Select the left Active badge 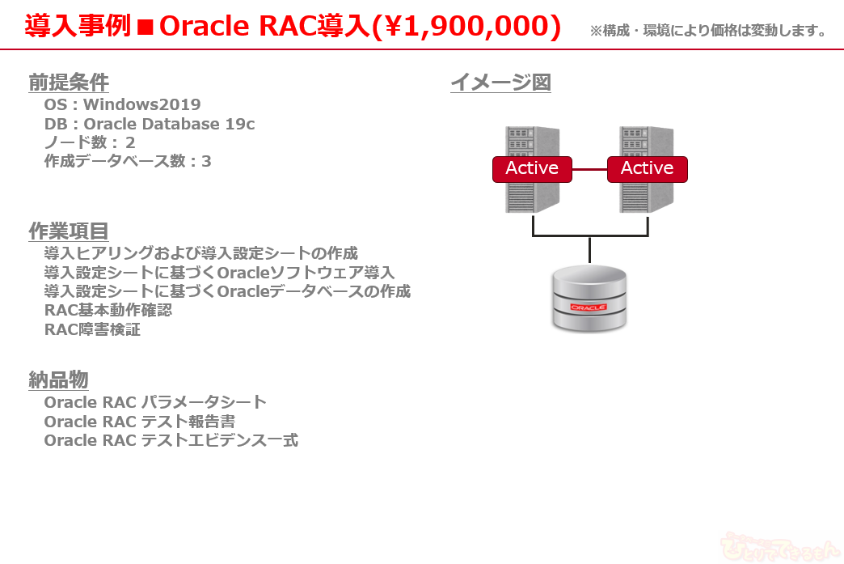coord(532,168)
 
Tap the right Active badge coord(647,168)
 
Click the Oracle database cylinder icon coord(589,299)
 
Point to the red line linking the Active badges coord(589,169)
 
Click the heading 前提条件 coord(69,83)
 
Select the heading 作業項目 coord(69,231)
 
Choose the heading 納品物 coord(58,380)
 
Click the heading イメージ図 coord(500,83)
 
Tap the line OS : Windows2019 coord(122,104)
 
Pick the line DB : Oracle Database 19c coord(150,124)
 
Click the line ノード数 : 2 coord(90,142)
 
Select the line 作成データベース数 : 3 coord(128,161)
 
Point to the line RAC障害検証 coord(92,329)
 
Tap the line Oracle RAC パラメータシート coord(155,401)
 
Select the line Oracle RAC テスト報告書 coord(140,422)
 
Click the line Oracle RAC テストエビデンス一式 coord(171,441)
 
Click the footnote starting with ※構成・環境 coord(708,32)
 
